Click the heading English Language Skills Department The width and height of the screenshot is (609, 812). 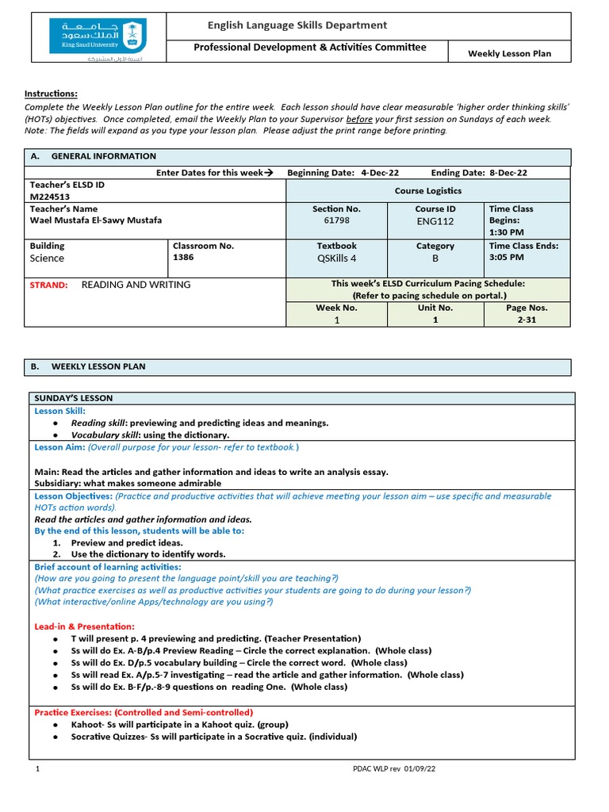click(x=297, y=25)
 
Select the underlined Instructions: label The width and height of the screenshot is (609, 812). click(x=51, y=94)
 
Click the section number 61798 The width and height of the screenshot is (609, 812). click(x=336, y=221)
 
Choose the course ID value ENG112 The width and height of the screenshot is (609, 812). click(x=435, y=222)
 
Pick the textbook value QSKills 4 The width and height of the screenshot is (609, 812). click(x=337, y=258)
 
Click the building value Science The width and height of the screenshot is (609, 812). click(x=47, y=258)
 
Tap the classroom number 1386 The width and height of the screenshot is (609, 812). click(x=183, y=258)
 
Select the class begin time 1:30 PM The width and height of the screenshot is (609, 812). click(x=506, y=232)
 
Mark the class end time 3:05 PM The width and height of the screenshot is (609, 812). click(x=506, y=258)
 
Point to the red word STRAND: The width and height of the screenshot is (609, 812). click(x=48, y=285)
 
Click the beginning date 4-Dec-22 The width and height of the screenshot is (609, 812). click(x=380, y=172)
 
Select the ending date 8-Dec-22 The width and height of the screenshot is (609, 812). click(x=507, y=172)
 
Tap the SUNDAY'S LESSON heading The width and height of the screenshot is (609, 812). click(x=73, y=398)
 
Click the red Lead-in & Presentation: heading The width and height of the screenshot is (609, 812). click(x=84, y=626)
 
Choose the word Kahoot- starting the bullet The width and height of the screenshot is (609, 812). click(x=88, y=724)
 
